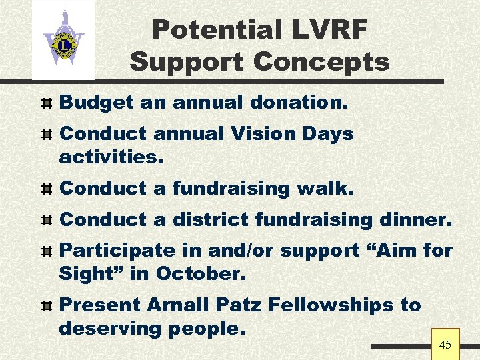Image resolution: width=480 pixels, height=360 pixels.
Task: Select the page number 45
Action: (445, 345)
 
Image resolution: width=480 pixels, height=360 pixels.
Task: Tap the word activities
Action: (111, 157)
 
